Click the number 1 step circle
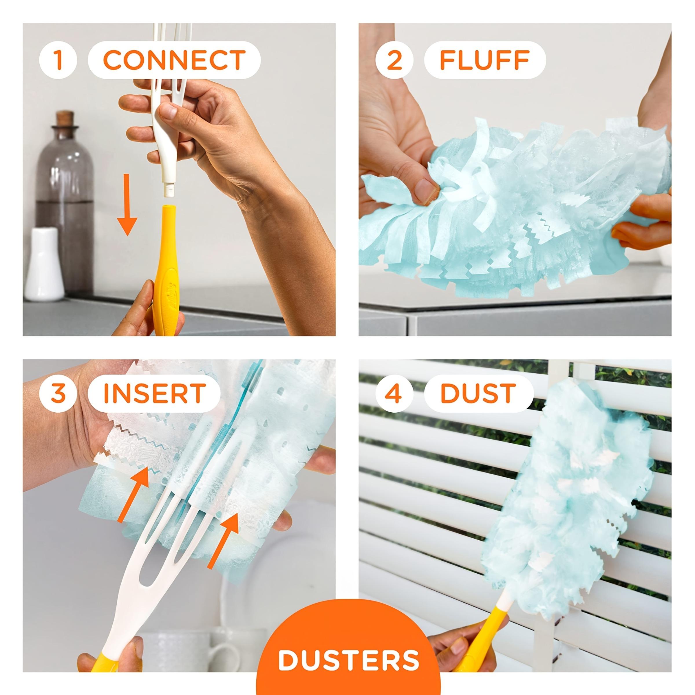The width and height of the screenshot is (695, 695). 58,60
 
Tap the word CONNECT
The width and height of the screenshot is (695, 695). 174,60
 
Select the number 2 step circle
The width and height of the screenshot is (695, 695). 394,60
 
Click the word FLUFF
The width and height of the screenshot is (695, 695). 484,60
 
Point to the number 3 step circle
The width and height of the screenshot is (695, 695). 58,393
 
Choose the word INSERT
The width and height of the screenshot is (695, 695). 154,393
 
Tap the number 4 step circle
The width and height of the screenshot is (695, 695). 394,393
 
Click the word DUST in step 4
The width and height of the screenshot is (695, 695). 478,393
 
